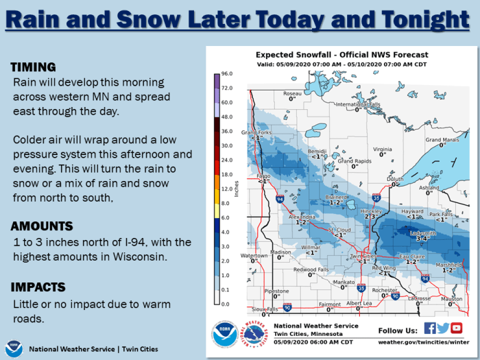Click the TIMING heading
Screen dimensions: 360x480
(33, 67)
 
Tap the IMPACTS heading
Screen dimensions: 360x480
(37, 287)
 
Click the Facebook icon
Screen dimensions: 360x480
(430, 328)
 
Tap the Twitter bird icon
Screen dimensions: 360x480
(443, 328)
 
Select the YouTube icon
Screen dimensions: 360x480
(457, 328)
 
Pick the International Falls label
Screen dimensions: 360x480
(357, 104)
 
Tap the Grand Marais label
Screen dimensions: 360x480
(442, 140)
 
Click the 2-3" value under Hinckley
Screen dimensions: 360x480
(372, 217)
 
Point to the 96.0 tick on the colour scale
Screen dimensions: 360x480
(227, 73)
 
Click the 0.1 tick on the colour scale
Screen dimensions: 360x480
(227, 290)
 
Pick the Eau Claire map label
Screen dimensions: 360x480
(411, 256)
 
